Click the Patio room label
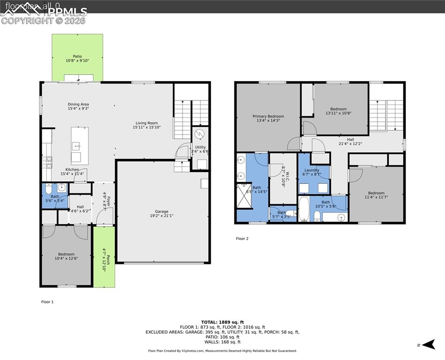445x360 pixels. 77,59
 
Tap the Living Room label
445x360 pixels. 148,125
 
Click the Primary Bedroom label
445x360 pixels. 268,118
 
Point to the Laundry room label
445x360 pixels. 311,172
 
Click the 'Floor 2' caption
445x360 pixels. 242,239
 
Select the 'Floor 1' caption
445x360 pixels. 47,302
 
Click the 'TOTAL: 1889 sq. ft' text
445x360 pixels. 222,322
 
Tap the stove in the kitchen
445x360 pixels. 47,161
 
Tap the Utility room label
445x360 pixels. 200,149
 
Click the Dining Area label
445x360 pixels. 78,106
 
